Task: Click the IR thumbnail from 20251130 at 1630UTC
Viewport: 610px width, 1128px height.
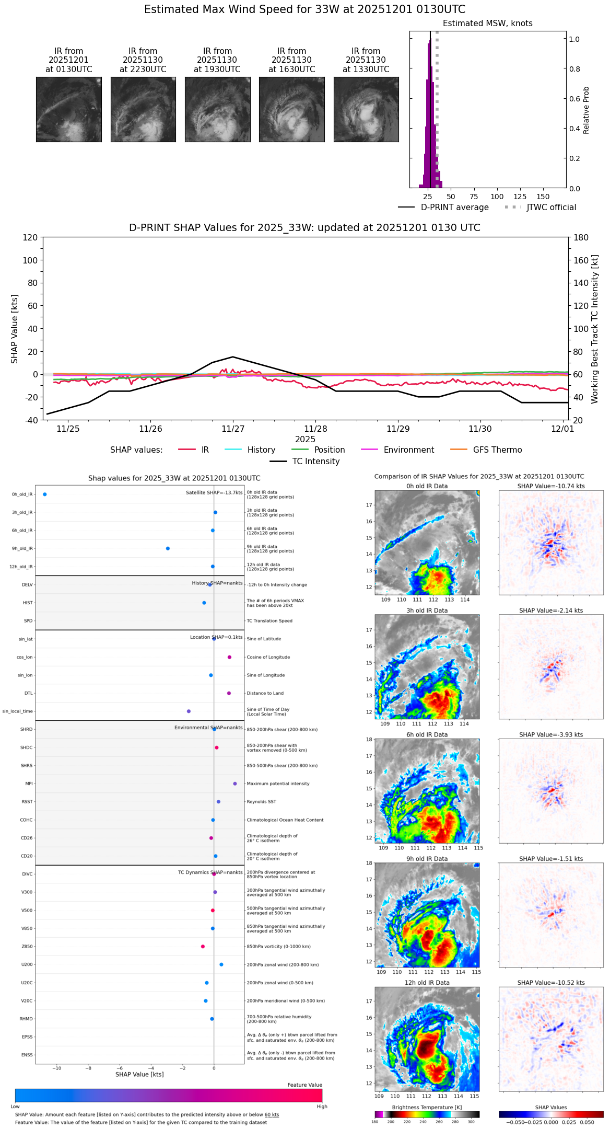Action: pos(291,109)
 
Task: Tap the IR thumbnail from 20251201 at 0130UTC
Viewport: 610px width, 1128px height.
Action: pos(68,109)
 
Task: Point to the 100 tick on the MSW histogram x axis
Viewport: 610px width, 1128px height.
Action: pos(497,197)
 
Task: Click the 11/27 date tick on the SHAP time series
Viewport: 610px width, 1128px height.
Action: pos(233,429)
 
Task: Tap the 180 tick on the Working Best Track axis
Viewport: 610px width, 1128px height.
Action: pos(581,238)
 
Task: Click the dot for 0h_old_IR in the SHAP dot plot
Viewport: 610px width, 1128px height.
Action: pos(45,494)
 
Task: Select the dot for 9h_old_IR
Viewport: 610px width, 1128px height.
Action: pos(168,548)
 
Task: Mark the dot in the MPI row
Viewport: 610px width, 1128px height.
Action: pos(235,784)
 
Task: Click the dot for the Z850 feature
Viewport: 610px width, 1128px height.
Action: pos(203,947)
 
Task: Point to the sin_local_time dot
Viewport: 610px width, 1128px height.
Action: pos(189,711)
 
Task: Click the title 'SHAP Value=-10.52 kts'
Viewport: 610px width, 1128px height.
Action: pos(551,983)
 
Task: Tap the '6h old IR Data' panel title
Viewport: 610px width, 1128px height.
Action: pos(427,734)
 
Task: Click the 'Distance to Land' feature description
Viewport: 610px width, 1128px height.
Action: pos(265,693)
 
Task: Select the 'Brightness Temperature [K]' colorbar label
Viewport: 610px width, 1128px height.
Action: pos(427,1107)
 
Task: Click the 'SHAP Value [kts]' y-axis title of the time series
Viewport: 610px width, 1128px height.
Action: pos(15,329)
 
